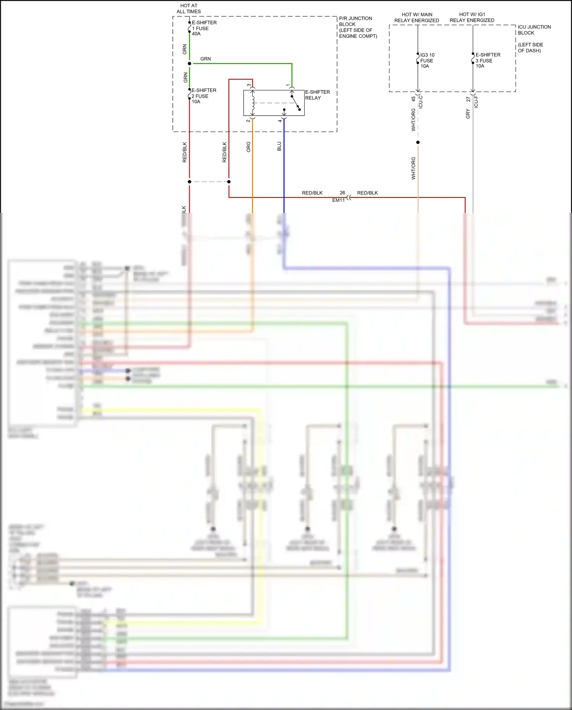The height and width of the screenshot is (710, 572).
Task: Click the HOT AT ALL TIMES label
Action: tap(189, 8)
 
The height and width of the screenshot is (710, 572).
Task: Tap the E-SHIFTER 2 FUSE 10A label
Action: tap(203, 96)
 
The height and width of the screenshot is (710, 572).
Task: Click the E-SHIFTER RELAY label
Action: tap(317, 95)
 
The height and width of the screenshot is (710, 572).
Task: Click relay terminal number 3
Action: tap(249, 85)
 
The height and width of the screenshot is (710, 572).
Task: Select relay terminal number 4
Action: tap(280, 121)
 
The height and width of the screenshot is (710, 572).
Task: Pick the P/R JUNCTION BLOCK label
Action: tap(358, 27)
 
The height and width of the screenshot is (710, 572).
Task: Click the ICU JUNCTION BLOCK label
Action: tap(534, 30)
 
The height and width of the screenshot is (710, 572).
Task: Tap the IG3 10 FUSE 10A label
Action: tap(427, 60)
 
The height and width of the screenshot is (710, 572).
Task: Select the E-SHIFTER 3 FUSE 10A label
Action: tap(487, 60)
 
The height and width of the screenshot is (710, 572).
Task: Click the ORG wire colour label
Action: tap(249, 147)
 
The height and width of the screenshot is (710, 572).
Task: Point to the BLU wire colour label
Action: tap(279, 146)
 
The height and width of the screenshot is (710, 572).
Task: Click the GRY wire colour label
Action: tap(468, 114)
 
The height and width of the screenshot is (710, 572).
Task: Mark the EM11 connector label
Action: tap(338, 200)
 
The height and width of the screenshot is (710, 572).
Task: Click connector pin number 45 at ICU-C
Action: tap(413, 99)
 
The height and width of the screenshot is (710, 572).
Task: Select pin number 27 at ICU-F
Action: tap(468, 99)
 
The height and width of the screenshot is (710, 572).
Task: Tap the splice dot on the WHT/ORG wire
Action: tap(418, 142)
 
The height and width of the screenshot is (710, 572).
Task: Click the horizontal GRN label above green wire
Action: tap(206, 59)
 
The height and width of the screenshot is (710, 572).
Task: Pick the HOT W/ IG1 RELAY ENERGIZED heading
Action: tap(472, 17)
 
